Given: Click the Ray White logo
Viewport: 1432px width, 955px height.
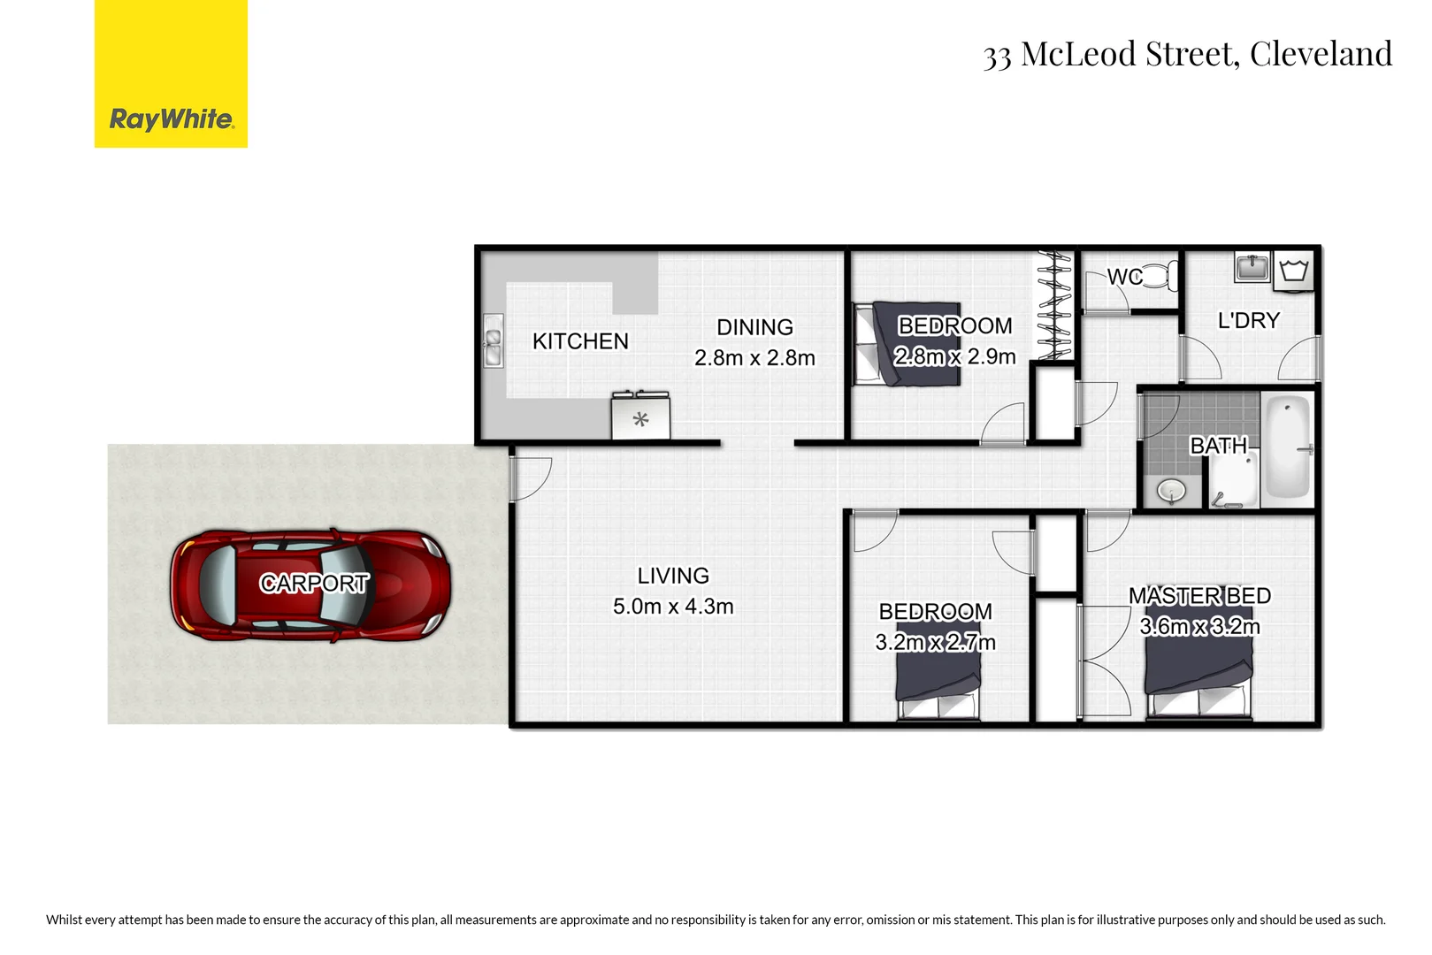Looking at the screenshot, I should point(171,74).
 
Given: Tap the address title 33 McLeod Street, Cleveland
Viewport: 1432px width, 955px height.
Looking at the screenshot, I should point(1187,54).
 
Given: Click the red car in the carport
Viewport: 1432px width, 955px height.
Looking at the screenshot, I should point(310,584).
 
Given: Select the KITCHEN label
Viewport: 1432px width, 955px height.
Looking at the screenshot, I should point(580,341).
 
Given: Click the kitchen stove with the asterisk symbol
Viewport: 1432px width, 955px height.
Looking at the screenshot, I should point(640,417).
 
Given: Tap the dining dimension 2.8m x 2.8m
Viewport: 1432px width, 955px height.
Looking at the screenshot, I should point(754,358).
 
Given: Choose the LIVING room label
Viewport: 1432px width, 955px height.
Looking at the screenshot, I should point(673,576).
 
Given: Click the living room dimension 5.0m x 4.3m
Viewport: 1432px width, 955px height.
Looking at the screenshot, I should point(673,607).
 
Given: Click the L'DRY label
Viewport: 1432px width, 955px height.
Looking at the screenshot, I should point(1248,320).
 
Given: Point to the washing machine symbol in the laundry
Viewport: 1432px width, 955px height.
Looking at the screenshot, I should point(1293,270).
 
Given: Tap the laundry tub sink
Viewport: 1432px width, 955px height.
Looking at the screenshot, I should point(1252,266).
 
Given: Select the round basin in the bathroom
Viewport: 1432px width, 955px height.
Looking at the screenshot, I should point(1172,490).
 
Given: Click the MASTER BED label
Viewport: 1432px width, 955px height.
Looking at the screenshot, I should point(1199,596).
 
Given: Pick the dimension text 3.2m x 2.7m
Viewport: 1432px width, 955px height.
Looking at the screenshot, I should point(935,643).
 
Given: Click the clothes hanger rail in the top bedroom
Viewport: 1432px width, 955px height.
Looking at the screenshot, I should point(1054,305).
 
